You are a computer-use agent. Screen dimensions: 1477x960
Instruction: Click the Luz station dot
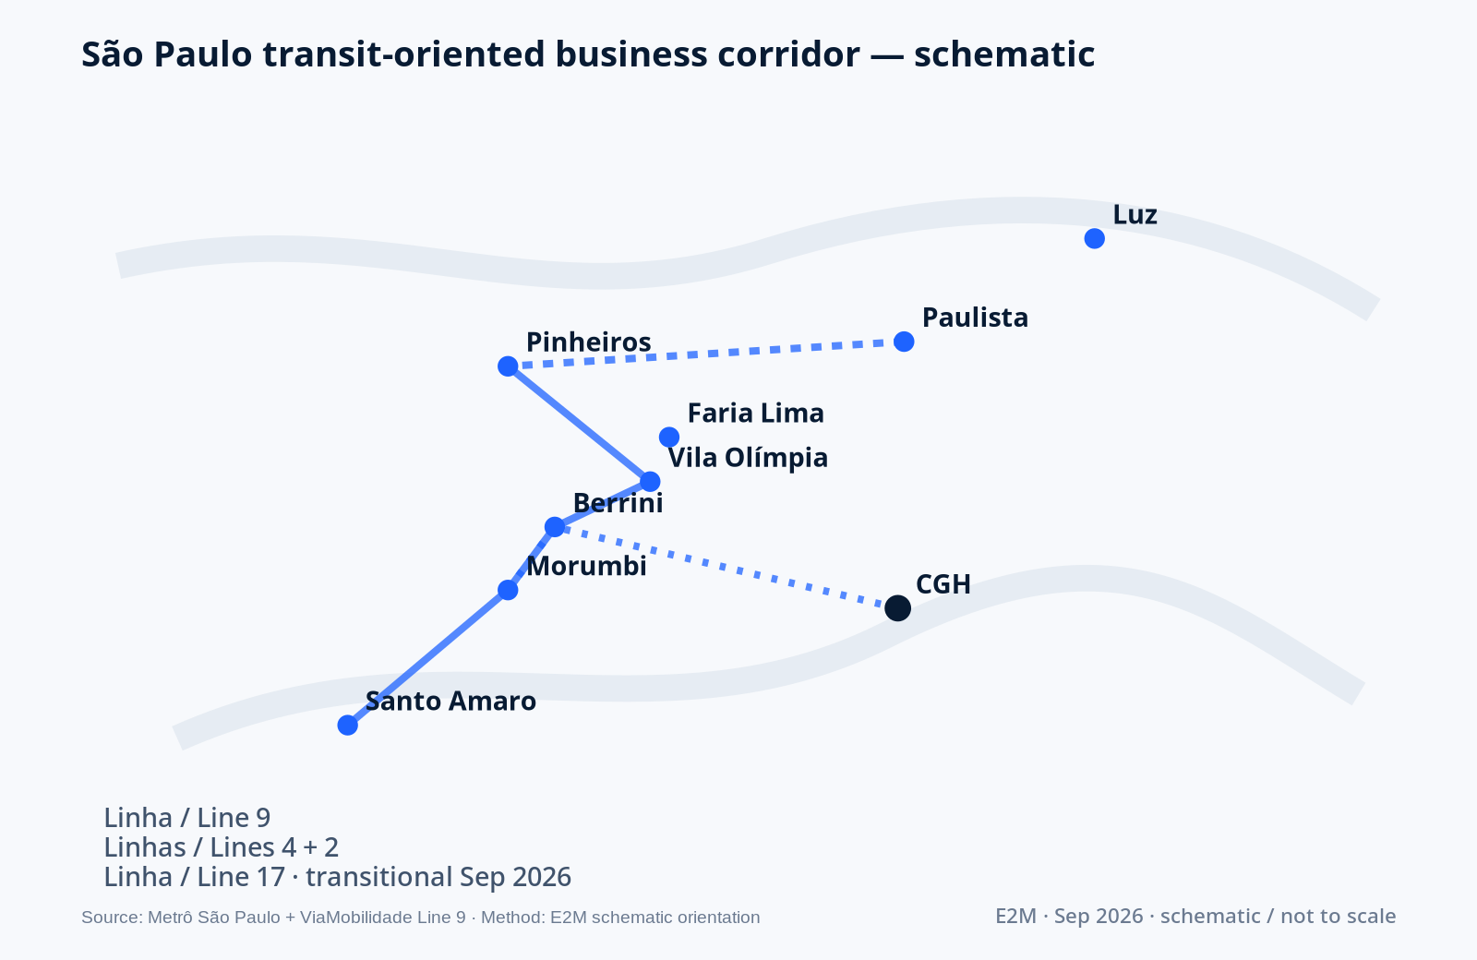(1095, 239)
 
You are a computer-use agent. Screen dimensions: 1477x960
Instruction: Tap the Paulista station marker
(904, 342)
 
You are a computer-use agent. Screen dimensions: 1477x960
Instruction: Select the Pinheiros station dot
(508, 366)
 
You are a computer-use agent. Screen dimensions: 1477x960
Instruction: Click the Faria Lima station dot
(669, 437)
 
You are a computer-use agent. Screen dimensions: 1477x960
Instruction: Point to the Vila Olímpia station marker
(650, 481)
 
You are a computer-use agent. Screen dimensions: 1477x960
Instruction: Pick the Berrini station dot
(555, 527)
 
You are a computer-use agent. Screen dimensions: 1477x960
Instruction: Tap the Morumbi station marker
(508, 590)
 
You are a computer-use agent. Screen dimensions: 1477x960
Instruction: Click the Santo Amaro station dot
(347, 726)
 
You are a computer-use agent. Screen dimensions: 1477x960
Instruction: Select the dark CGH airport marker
(897, 608)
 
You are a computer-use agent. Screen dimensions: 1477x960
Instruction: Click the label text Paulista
(975, 318)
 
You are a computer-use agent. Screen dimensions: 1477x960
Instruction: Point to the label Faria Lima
(756, 414)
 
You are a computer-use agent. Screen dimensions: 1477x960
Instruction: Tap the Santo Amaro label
(451, 702)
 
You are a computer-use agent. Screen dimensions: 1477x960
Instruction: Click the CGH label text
(943, 584)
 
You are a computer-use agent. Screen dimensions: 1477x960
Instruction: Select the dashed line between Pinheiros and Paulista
(705, 354)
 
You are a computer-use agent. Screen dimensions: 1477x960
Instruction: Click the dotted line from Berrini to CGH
(726, 568)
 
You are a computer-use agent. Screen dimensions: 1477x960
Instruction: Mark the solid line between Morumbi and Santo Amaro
(427, 657)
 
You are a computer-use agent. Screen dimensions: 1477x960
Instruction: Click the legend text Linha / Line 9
(187, 818)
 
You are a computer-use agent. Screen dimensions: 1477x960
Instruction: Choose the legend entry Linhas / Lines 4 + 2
(222, 848)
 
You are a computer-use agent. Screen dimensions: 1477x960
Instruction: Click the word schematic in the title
(1004, 54)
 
